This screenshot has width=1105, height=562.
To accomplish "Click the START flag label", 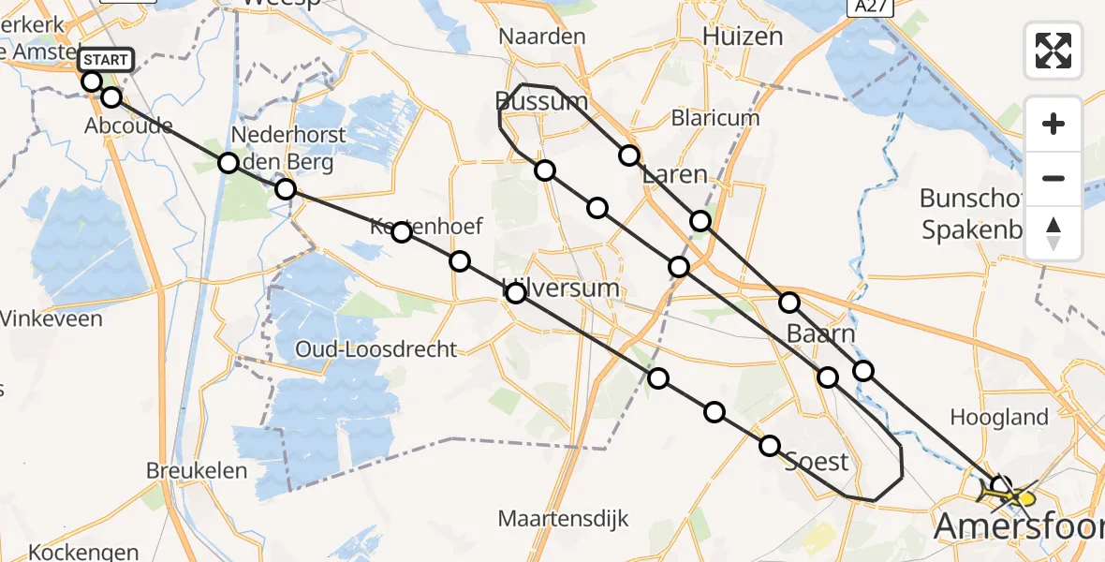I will [107, 61].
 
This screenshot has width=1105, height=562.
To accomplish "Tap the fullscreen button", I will [1053, 51].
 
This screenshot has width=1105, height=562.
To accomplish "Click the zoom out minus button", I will [1053, 178].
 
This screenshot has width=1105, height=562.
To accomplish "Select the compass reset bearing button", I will [1053, 233].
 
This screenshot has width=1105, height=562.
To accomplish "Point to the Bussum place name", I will [542, 101].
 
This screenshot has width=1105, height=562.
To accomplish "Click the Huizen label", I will [743, 37].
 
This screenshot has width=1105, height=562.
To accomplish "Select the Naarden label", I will [542, 37].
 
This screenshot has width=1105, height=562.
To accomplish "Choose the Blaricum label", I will [715, 118].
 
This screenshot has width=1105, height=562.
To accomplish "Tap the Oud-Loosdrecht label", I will [376, 349].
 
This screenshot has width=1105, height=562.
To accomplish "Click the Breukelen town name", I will [197, 470].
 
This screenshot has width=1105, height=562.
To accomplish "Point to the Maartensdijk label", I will [563, 518].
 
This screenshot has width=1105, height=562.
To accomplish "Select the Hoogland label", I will [999, 417].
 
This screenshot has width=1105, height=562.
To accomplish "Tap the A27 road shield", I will [871, 7].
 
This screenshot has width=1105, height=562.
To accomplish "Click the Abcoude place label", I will [128, 126].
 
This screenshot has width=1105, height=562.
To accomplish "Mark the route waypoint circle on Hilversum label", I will [516, 293].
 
